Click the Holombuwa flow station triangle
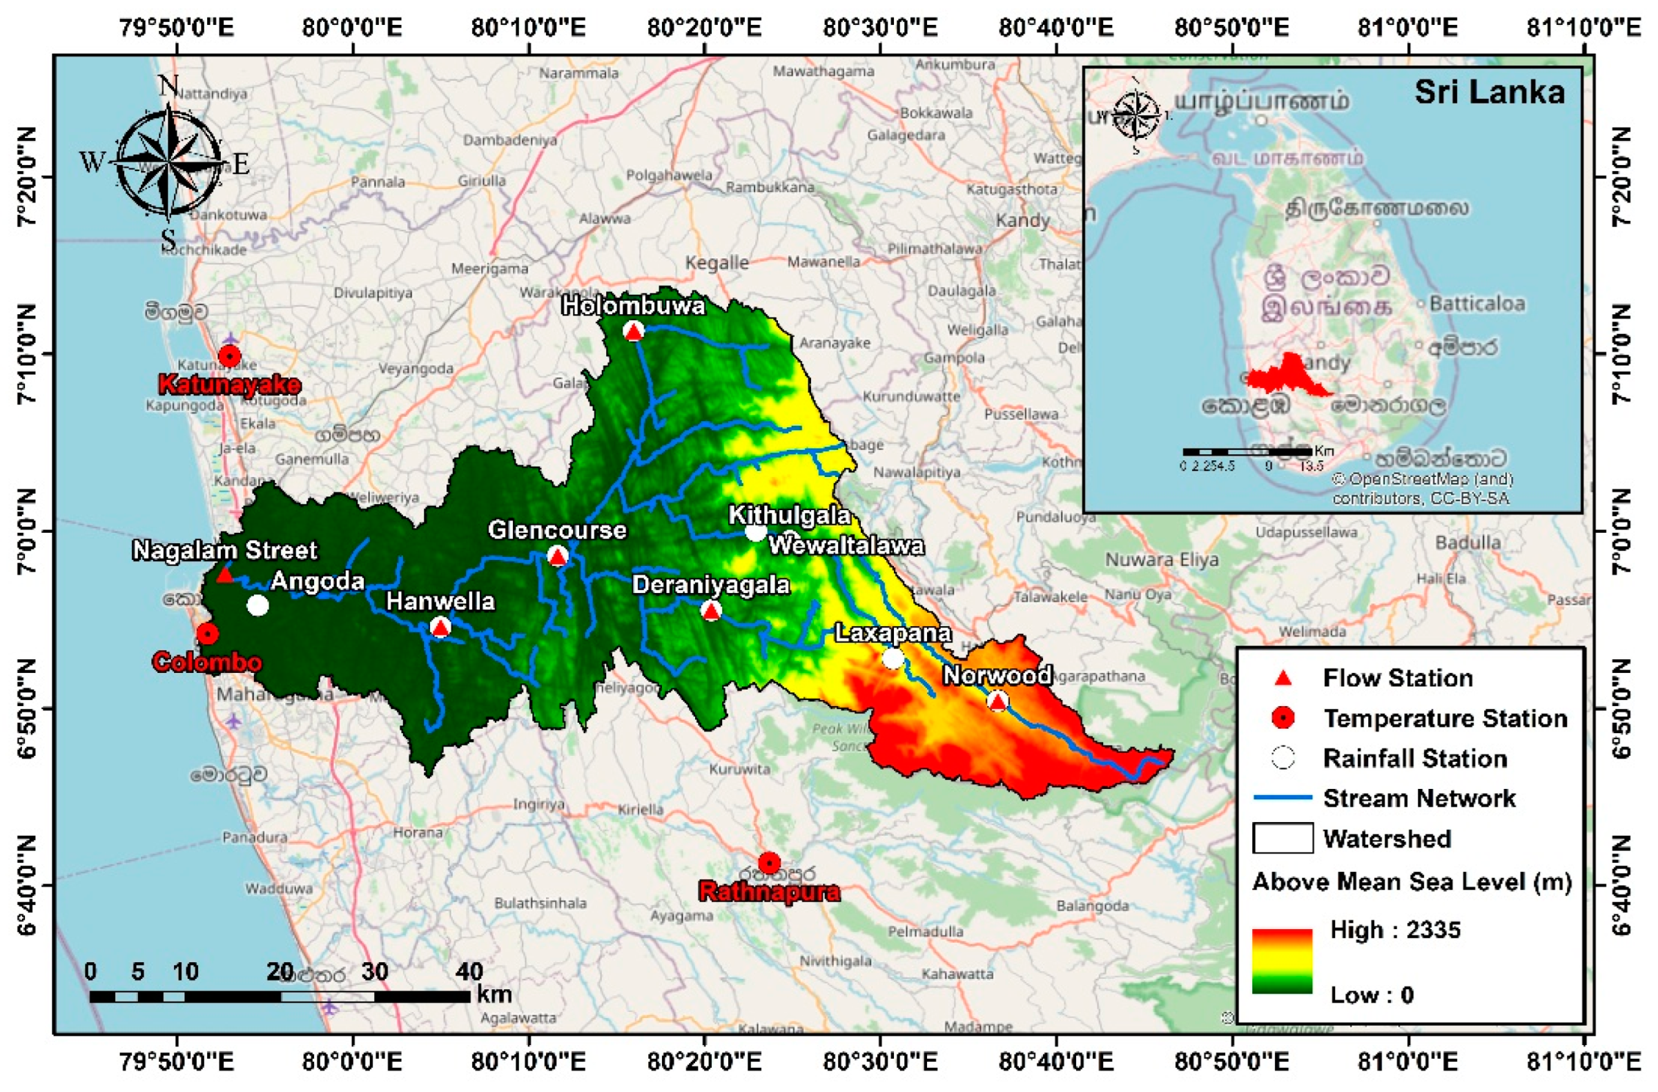click(x=632, y=331)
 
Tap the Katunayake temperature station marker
click(x=230, y=357)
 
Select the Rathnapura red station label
click(x=769, y=892)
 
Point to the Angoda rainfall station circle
click(x=257, y=605)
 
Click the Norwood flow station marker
click(x=997, y=701)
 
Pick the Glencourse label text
click(x=556, y=530)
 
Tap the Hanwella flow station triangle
click(x=440, y=628)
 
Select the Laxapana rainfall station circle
click(x=893, y=658)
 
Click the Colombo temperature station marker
click(x=208, y=634)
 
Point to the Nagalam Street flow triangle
click(x=224, y=575)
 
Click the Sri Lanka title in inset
click(x=1490, y=92)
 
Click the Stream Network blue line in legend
click(x=1282, y=797)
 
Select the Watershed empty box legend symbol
click(x=1282, y=838)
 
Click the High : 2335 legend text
click(x=1395, y=930)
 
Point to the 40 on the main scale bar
click(x=469, y=971)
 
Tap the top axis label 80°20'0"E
click(x=704, y=28)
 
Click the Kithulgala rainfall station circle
click(x=755, y=532)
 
